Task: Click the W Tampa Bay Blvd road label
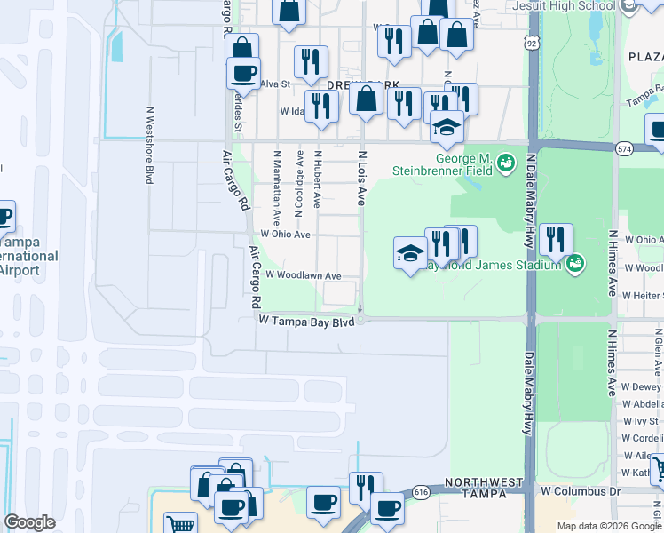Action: pos(306,321)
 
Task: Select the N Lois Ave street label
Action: pos(361,178)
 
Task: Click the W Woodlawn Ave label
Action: pos(303,276)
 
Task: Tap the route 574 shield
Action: pos(625,149)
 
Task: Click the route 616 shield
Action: pos(422,491)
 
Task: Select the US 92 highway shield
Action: pos(531,42)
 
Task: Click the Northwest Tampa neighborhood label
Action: pos(484,489)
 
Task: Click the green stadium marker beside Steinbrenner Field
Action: pos(506,163)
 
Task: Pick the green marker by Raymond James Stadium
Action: pos(574,262)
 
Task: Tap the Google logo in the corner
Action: pos(29,522)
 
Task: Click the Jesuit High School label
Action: pos(565,6)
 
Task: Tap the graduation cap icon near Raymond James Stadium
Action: pos(410,254)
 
